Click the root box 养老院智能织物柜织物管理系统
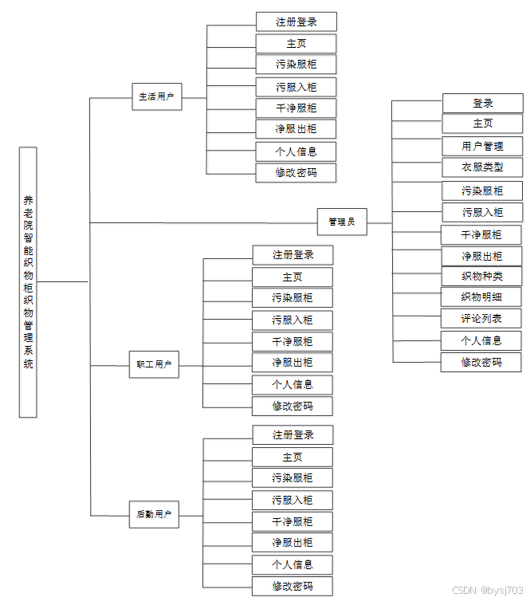pyautogui.click(x=28, y=281)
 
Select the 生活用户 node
pyautogui.click(x=156, y=97)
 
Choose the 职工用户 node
pyautogui.click(x=154, y=364)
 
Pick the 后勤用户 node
pyautogui.click(x=154, y=514)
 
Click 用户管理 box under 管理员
pyautogui.click(x=482, y=146)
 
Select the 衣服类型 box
pyautogui.click(x=482, y=167)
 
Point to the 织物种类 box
pyautogui.click(x=482, y=277)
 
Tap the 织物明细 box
pyautogui.click(x=482, y=297)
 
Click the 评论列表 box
pyautogui.click(x=482, y=319)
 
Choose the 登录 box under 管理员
pyautogui.click(x=482, y=103)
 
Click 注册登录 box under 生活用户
pyautogui.click(x=296, y=22)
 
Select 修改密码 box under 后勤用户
pyautogui.click(x=292, y=587)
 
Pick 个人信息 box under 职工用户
pyautogui.click(x=292, y=384)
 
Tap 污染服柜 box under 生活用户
pyautogui.click(x=296, y=65)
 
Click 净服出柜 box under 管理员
pyautogui.click(x=482, y=256)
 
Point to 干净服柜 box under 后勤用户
pyautogui.click(x=292, y=521)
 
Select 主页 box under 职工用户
pyautogui.click(x=292, y=277)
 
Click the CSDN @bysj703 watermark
pyautogui.click(x=487, y=591)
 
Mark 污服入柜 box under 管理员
pyautogui.click(x=482, y=212)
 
